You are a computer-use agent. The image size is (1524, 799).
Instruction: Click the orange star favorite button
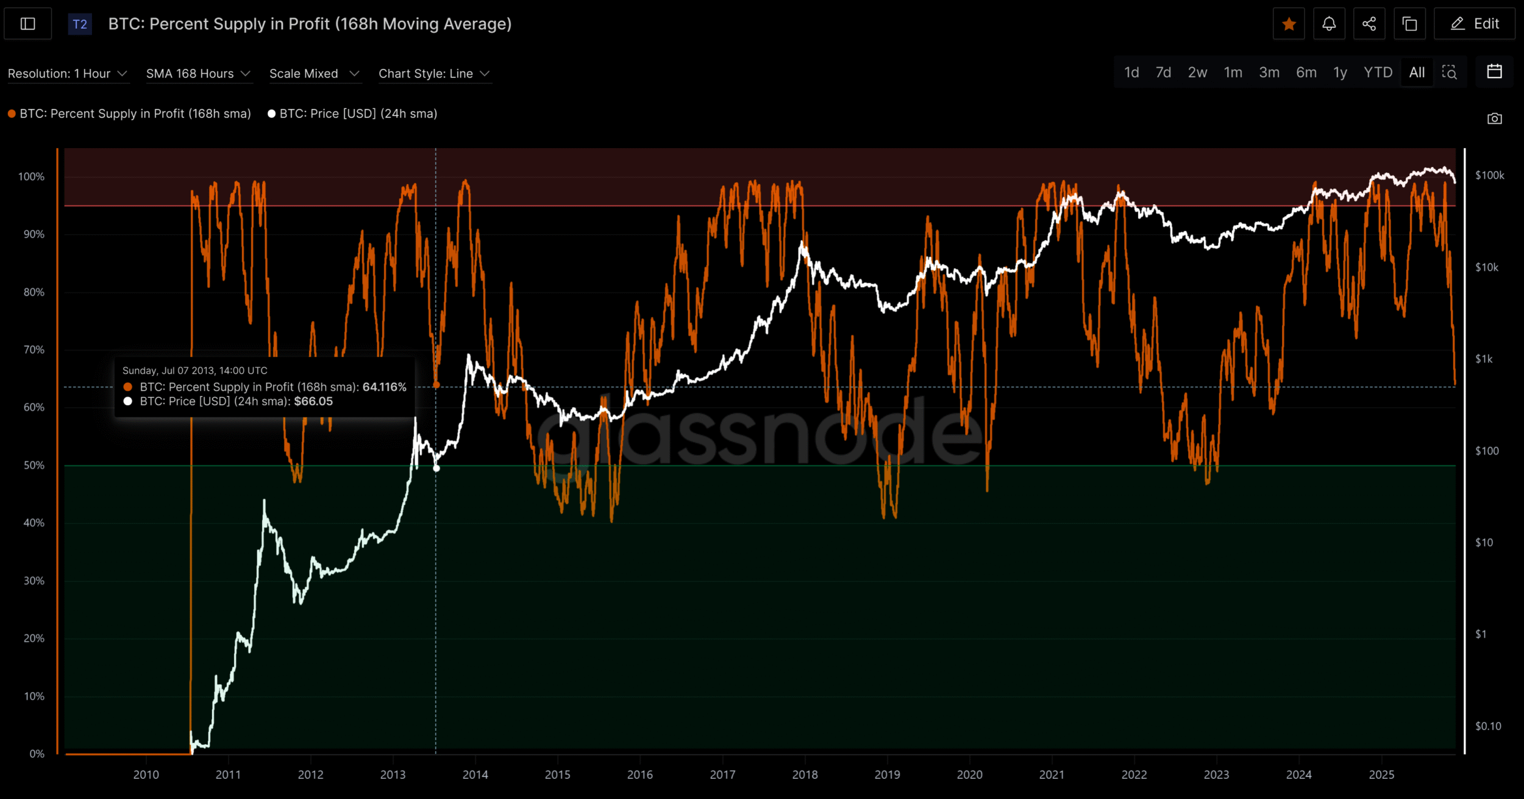[x=1288, y=24]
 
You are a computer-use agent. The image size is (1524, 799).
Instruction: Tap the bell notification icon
[x=1329, y=24]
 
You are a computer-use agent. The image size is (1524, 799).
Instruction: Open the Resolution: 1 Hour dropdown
[x=67, y=74]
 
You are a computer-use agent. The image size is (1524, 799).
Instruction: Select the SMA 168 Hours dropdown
[x=198, y=74]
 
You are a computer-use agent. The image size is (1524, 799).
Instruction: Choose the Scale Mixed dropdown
[x=314, y=74]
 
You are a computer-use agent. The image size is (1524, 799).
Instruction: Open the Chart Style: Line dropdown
[x=434, y=74]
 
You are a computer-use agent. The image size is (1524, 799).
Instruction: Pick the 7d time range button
[x=1163, y=73]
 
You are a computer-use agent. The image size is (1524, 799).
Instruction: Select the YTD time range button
[x=1378, y=73]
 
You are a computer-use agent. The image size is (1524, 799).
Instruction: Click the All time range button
[x=1417, y=73]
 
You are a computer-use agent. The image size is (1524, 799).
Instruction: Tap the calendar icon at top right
[x=1494, y=72]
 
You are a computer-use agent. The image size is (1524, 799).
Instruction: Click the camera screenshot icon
[x=1494, y=118]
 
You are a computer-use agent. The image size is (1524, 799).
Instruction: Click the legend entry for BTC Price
[x=358, y=114]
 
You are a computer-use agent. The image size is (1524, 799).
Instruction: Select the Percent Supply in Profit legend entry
[x=135, y=114]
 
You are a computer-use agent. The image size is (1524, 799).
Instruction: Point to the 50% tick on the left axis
[x=34, y=465]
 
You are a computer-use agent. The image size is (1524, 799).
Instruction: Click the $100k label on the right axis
[x=1489, y=176]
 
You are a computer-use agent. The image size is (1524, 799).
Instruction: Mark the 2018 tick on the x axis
[x=805, y=775]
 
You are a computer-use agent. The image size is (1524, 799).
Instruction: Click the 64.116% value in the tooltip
[x=384, y=387]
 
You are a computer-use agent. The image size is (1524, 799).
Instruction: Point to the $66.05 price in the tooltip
[x=313, y=402]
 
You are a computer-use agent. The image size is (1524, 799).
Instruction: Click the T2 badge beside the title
[x=80, y=24]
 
